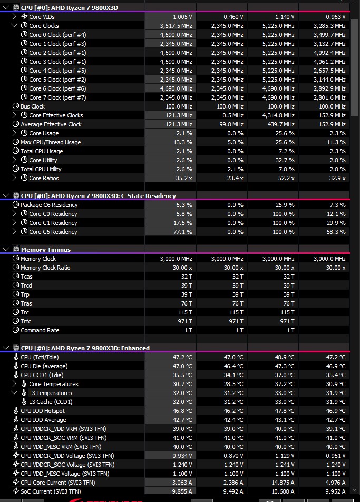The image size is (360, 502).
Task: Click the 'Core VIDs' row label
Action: click(42, 17)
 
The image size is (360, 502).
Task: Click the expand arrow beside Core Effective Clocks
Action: click(14, 115)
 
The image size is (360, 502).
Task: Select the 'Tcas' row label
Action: click(26, 277)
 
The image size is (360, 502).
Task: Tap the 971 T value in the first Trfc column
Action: click(185, 321)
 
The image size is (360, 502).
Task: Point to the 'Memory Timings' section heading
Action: click(46, 249)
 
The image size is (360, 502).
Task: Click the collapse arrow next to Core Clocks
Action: click(14, 26)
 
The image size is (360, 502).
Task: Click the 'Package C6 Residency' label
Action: click(49, 205)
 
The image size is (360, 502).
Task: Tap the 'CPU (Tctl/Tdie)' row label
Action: click(40, 357)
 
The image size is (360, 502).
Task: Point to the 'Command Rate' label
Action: click(40, 330)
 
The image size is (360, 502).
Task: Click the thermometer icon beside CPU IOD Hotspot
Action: click(16, 410)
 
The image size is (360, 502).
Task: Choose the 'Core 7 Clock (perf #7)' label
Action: click(57, 97)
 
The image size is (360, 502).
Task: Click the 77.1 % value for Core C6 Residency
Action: click(182, 232)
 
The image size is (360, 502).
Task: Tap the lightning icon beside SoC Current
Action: click(16, 491)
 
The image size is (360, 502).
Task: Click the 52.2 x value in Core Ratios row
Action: click(286, 178)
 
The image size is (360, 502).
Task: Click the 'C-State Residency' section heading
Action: click(149, 196)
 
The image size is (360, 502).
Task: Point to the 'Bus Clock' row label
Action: click(33, 106)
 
